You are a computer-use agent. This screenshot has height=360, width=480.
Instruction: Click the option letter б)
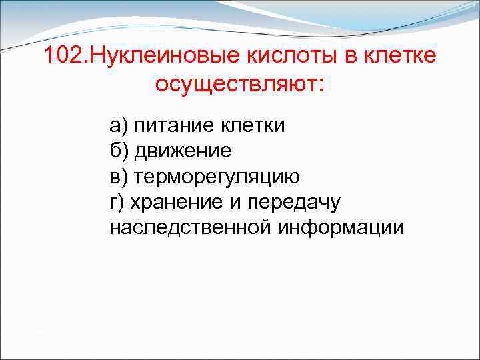121,151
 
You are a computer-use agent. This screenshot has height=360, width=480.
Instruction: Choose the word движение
183,151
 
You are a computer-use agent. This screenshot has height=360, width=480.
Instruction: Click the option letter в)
120,176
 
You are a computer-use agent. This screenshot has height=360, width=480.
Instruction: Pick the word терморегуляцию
217,176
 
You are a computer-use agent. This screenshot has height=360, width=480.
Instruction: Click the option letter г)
118,201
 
